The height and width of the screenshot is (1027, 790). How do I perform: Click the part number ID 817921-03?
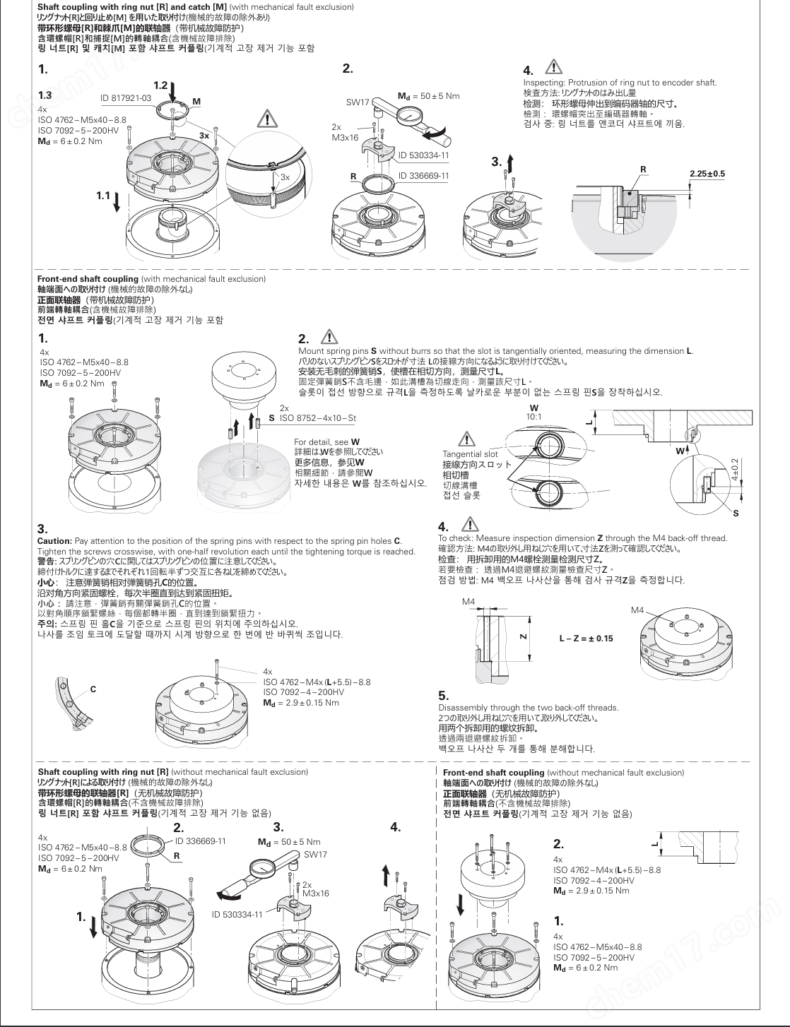[x=126, y=97]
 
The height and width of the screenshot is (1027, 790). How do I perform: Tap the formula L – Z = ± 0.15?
[x=586, y=639]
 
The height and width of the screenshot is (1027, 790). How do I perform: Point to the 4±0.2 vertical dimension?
[x=735, y=468]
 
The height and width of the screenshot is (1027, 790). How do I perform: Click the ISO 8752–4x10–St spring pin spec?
[x=318, y=418]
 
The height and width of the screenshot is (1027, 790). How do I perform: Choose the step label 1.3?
[x=45, y=95]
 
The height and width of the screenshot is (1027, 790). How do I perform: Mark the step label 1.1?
[x=104, y=195]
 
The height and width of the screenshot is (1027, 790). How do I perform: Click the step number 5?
[x=443, y=695]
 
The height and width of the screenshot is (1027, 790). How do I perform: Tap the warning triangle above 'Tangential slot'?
[x=466, y=438]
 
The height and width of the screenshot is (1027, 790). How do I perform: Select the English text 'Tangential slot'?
[x=470, y=454]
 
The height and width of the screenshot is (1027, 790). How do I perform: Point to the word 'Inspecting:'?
[x=542, y=83]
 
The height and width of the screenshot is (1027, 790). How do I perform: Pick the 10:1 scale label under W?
[x=533, y=417]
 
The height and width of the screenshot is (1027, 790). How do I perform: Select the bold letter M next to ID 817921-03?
[x=196, y=102]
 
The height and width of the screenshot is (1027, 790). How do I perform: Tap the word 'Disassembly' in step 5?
[x=459, y=707]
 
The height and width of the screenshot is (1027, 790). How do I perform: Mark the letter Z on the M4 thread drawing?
[x=522, y=636]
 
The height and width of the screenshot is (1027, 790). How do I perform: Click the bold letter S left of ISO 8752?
[x=272, y=418]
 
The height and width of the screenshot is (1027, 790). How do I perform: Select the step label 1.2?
[x=160, y=85]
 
